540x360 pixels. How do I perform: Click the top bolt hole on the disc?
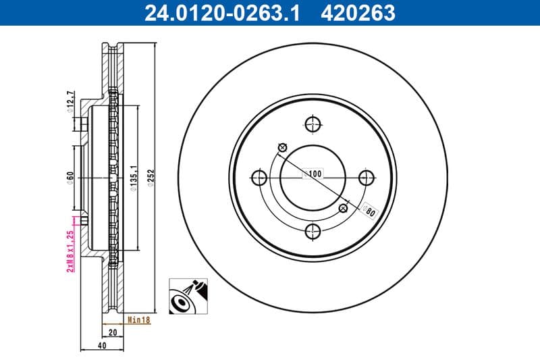click(311, 124)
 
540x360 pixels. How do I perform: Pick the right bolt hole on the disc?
click(366, 178)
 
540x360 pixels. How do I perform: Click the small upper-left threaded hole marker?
click(282, 148)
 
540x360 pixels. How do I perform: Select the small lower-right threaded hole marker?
click(343, 208)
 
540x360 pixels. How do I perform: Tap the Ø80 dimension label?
click(369, 210)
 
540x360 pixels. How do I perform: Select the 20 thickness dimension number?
click(113, 332)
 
